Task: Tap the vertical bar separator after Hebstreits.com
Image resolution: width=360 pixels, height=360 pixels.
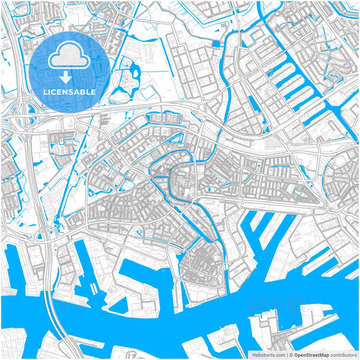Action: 286,354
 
